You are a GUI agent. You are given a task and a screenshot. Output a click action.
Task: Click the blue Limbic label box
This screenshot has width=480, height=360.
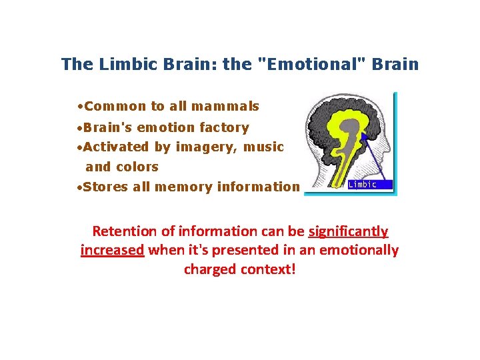(x=369, y=185)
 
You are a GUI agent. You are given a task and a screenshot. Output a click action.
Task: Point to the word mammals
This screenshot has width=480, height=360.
(x=225, y=106)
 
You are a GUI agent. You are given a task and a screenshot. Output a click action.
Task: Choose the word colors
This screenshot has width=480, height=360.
(x=137, y=167)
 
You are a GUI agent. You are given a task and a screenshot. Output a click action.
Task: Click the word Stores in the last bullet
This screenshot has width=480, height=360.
(x=107, y=187)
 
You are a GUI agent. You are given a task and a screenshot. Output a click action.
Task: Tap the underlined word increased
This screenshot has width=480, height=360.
(x=112, y=251)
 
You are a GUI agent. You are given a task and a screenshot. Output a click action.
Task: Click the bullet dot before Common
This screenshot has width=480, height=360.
(x=80, y=107)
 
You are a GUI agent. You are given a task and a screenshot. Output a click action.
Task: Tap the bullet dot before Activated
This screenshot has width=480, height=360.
(x=80, y=147)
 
